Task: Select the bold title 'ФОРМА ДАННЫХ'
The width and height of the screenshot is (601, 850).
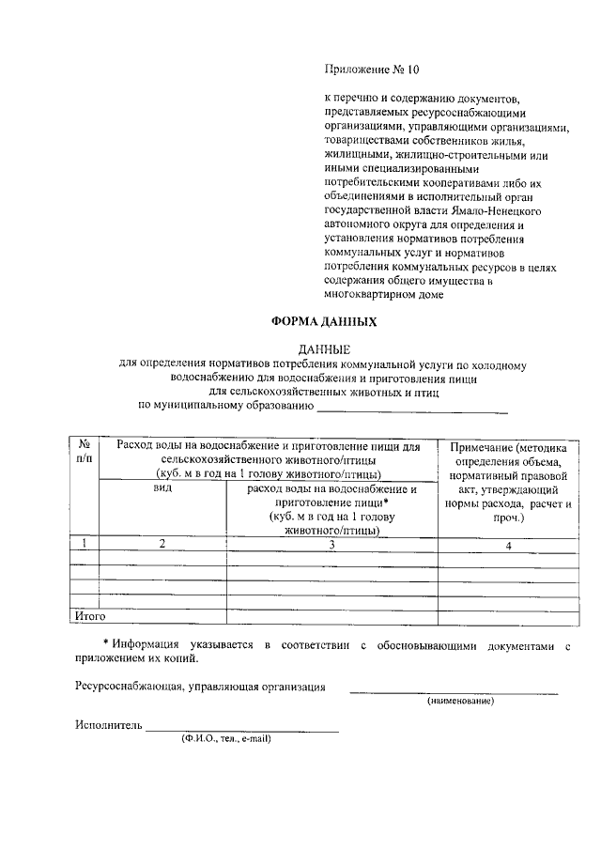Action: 324,321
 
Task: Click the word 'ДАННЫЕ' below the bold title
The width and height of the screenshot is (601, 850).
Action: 323,350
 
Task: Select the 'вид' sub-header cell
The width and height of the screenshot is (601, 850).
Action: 162,489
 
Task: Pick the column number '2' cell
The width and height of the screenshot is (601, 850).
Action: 162,544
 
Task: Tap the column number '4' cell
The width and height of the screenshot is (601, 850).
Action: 507,545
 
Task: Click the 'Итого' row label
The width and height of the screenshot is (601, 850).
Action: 91,616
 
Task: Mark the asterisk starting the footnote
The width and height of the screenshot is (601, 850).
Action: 105,644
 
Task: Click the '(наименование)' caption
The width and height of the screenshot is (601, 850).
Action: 460,701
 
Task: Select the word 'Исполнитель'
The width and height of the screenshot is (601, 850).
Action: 108,725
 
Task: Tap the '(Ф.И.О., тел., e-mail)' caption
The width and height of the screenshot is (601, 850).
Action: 226,738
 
